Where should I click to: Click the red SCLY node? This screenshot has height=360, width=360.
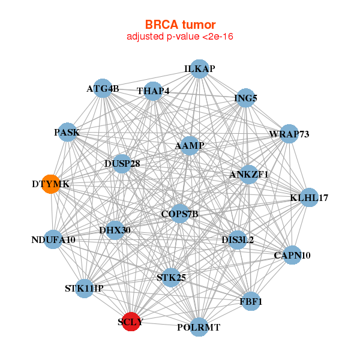pyautogui.click(x=131, y=321)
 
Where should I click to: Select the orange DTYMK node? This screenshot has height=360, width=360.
pyautogui.click(x=52, y=185)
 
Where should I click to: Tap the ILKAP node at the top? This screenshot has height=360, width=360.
pyautogui.click(x=199, y=69)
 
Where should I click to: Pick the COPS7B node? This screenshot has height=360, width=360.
pyautogui.click(x=179, y=213)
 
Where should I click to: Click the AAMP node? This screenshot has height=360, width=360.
pyautogui.click(x=190, y=146)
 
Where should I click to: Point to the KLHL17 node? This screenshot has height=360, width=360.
pyautogui.click(x=308, y=198)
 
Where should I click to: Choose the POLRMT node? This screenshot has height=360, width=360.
pyautogui.click(x=199, y=327)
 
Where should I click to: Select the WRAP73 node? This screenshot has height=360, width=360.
pyautogui.click(x=289, y=134)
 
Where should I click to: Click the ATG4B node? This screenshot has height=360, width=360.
pyautogui.click(x=103, y=89)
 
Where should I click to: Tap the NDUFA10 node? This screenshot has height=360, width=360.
pyautogui.click(x=54, y=239)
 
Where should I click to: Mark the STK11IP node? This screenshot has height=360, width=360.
pyautogui.click(x=85, y=289)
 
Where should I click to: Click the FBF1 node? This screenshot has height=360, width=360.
pyautogui.click(x=251, y=301)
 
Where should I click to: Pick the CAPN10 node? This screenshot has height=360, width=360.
pyautogui.click(x=292, y=255)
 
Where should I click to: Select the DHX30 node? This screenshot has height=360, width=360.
pyautogui.click(x=115, y=230)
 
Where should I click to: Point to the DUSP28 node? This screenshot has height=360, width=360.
pyautogui.click(x=122, y=163)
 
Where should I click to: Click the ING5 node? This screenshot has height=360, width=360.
pyautogui.click(x=246, y=97)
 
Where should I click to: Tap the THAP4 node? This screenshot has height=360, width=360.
pyautogui.click(x=154, y=91)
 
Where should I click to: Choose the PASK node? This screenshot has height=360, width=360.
pyautogui.click(x=67, y=132)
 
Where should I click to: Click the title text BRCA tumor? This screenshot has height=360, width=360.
pyautogui.click(x=180, y=25)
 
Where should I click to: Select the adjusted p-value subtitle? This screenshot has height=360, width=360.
pyautogui.click(x=180, y=37)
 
